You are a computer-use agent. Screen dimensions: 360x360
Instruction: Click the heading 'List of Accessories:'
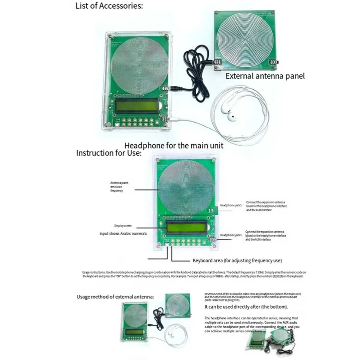[x=109, y=6]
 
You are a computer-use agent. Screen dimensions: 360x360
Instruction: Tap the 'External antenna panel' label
[x=265, y=76]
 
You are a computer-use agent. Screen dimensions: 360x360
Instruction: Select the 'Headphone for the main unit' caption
[x=174, y=146]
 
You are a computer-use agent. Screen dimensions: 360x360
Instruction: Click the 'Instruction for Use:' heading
[x=109, y=153]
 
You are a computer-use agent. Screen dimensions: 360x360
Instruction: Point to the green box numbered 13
[x=211, y=211]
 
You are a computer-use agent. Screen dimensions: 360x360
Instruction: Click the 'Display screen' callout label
[x=123, y=226]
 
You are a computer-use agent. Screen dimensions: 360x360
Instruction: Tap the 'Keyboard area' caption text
[x=237, y=260]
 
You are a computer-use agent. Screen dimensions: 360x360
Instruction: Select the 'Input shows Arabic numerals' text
[x=123, y=233]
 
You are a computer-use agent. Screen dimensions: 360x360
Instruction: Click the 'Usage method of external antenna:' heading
[x=115, y=297]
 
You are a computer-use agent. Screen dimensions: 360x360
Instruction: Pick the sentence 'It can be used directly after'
[x=246, y=307]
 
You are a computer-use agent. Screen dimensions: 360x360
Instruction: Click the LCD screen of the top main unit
[x=137, y=106]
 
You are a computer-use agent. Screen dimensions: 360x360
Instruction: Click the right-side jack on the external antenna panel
[x=274, y=62]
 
